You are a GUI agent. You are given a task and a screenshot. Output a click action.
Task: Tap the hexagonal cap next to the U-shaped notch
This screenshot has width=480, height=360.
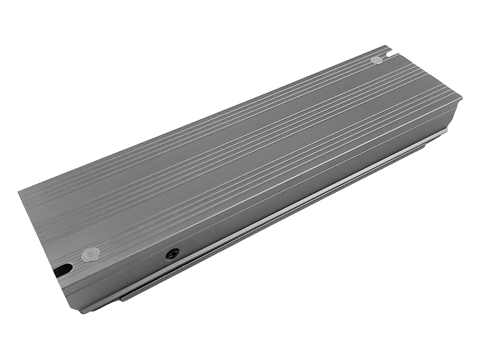pos(376,59)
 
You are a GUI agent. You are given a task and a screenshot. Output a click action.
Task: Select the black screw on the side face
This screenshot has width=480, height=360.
pos(172,254)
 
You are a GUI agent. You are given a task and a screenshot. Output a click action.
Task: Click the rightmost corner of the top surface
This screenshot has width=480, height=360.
pos(461,96)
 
